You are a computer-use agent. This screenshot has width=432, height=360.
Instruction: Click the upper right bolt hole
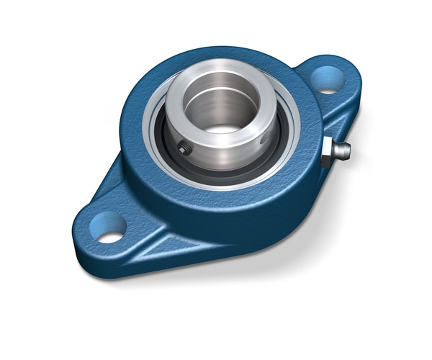pos(328,79)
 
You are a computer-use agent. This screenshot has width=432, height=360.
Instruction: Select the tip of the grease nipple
pos(346,150)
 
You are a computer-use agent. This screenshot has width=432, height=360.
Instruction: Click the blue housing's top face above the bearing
pos(216,61)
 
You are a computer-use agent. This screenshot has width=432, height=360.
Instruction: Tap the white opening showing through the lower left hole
pos(110,236)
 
